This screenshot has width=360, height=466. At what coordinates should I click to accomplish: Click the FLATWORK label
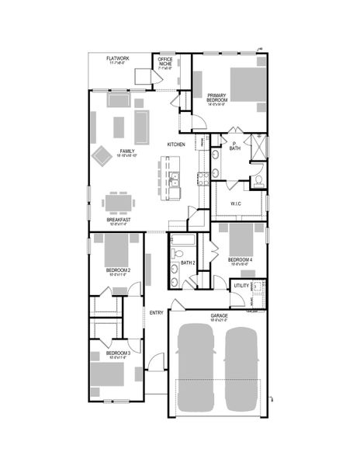click(120, 58)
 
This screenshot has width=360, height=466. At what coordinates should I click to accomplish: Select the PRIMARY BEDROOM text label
click(217, 98)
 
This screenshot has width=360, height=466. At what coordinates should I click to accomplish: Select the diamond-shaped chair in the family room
click(103, 155)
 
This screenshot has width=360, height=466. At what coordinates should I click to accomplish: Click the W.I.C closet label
click(236, 204)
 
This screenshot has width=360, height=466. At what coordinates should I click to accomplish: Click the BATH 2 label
click(189, 263)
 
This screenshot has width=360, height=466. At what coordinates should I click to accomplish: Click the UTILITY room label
click(241, 287)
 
